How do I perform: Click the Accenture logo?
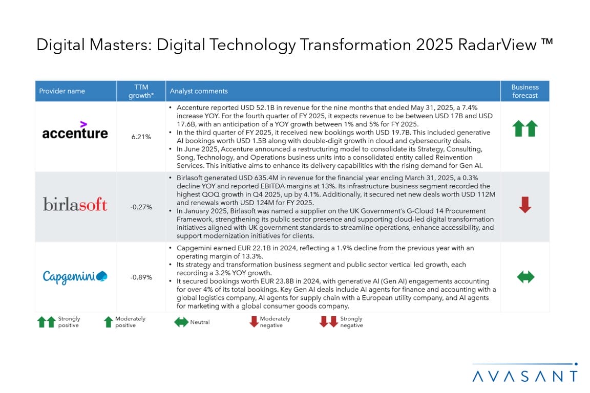75,130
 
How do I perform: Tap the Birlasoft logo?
75,204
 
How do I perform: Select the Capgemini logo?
75,277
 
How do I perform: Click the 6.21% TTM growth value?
141,137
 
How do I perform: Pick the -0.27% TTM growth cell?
141,207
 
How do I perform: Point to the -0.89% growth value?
141,277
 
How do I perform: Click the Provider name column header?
62,91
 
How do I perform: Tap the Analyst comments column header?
199,91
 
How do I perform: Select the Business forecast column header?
525,91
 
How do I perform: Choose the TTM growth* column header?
141,91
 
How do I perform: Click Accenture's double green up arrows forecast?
525,128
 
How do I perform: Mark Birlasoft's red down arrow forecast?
525,205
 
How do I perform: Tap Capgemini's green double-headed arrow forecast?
525,277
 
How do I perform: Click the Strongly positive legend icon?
47,322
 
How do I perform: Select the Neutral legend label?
200,322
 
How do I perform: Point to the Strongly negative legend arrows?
328,321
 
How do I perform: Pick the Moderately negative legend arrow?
254,321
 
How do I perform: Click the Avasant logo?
525,373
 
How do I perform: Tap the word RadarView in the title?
497,45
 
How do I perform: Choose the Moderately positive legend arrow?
109,322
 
